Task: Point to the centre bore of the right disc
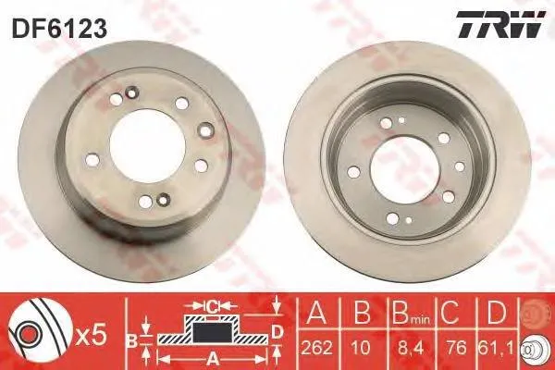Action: pos(403,168)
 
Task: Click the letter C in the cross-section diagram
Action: pos(212,305)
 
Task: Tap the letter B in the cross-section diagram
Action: pos(132,339)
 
